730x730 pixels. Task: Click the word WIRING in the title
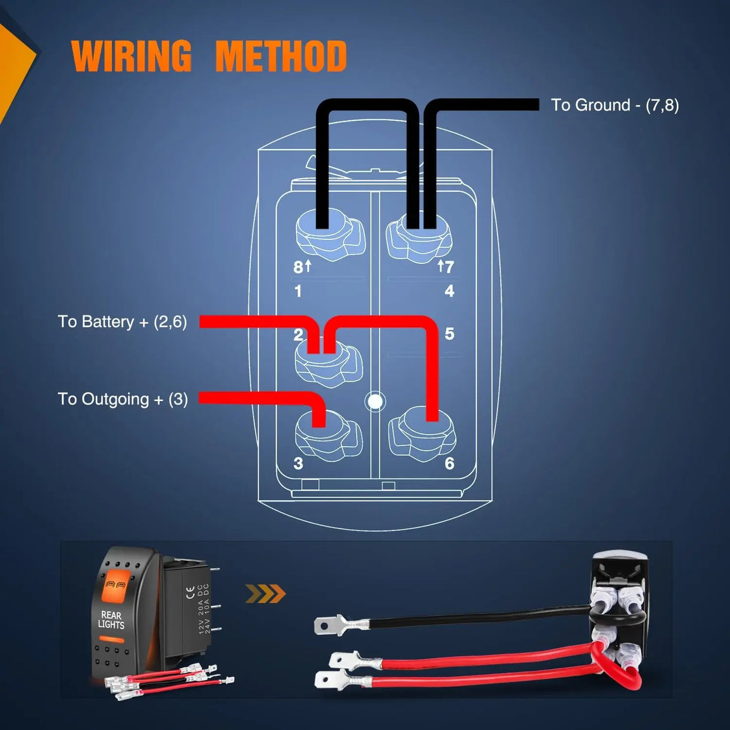[131, 57]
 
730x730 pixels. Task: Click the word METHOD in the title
[281, 57]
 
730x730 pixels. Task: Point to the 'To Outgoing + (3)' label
[123, 399]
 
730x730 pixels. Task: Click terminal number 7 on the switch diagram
[449, 267]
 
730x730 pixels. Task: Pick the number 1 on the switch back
[298, 292]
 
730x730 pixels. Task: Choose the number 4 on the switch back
[449, 292]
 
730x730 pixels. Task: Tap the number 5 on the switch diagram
[449, 334]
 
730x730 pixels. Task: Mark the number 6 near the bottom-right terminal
[449, 464]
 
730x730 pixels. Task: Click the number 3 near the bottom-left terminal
[298, 464]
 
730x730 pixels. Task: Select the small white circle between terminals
[375, 401]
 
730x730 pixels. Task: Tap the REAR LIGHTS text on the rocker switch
[111, 620]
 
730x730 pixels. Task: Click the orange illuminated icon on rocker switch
[117, 586]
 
